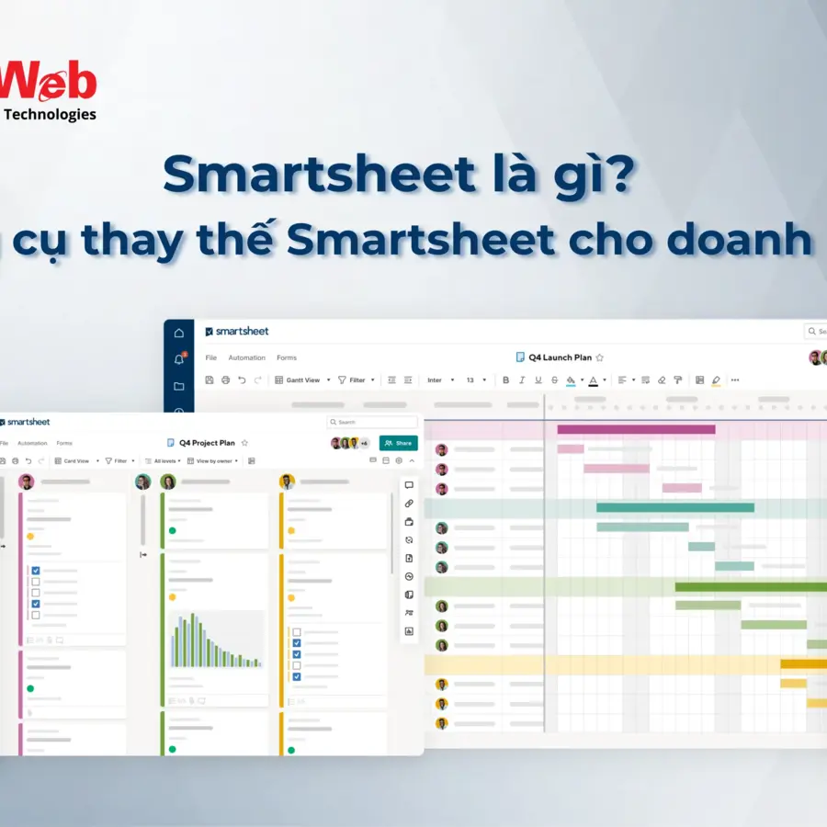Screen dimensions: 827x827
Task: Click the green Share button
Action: [398, 443]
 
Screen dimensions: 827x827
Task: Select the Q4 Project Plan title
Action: [207, 443]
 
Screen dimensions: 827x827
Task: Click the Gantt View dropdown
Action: [302, 380]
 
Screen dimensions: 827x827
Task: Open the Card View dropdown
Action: [75, 461]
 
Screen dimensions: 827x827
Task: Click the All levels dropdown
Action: [164, 461]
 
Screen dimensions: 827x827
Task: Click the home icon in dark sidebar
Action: [178, 333]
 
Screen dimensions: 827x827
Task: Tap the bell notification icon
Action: [178, 359]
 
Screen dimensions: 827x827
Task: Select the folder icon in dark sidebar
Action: [178, 386]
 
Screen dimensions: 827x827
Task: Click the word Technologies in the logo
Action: [51, 115]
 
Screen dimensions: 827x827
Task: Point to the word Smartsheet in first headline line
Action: [312, 174]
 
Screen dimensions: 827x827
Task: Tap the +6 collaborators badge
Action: [364, 443]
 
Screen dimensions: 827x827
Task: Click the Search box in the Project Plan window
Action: [358, 422]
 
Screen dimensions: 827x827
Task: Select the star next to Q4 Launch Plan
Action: [600, 357]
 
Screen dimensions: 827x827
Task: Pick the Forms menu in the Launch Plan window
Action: [287, 357]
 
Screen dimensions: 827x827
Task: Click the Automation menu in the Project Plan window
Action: [32, 443]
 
